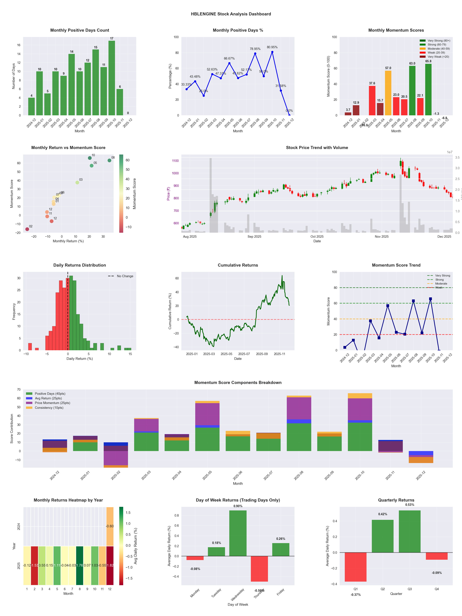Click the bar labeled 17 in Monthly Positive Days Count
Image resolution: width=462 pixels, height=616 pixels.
(112, 78)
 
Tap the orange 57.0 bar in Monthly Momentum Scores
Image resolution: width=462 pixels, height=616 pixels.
(388, 93)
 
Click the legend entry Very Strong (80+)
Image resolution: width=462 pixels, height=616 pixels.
(439, 41)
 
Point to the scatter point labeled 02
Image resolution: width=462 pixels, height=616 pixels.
(27, 229)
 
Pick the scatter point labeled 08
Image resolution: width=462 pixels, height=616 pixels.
(110, 160)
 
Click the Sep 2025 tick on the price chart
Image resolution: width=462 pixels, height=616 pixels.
(254, 237)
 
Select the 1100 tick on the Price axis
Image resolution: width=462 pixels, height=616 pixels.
(175, 161)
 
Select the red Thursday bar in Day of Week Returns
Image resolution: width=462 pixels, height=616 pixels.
(259, 569)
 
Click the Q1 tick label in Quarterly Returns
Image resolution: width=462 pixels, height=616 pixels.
(356, 589)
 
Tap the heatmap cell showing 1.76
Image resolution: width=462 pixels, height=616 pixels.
(80, 565)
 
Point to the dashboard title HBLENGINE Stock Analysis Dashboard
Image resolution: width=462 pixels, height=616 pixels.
(231, 14)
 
